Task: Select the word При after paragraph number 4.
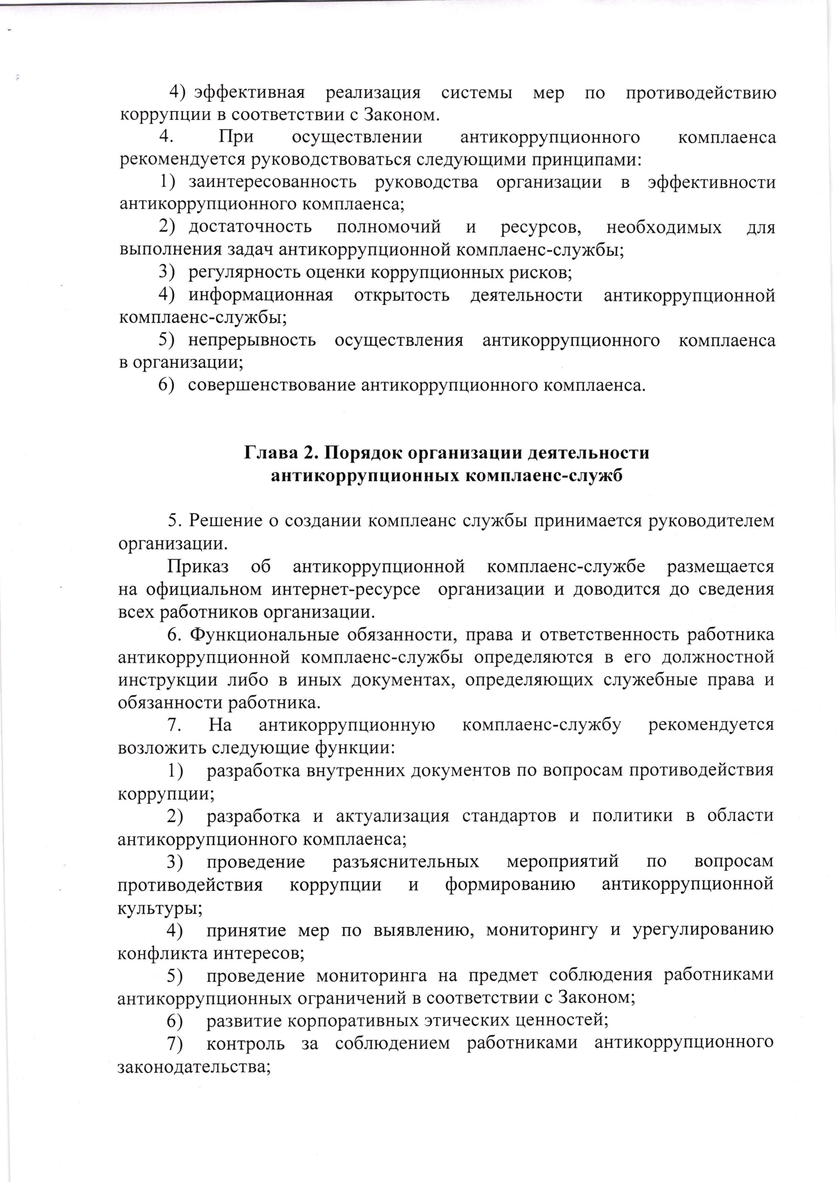[x=235, y=137]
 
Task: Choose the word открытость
[x=401, y=296]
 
